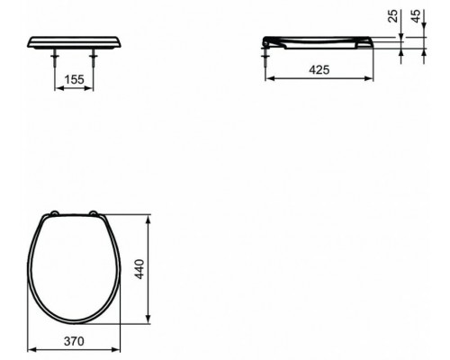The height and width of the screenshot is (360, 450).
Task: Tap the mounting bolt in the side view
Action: pos(266,58)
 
